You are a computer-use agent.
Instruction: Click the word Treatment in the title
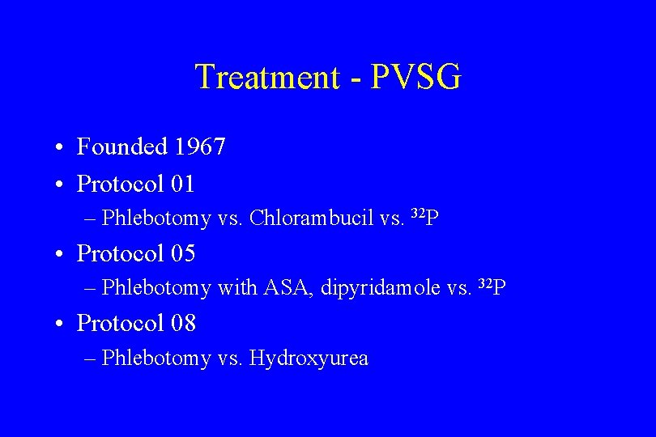267,78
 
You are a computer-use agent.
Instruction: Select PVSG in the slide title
416,78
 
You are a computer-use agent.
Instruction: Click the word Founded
121,146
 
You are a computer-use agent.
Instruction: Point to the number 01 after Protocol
183,184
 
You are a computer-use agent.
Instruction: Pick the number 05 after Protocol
183,253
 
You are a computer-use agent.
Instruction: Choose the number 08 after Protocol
183,323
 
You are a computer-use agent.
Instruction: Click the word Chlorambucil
312,218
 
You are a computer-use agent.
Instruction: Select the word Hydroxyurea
309,358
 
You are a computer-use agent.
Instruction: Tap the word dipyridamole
381,288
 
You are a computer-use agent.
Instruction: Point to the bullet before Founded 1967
61,148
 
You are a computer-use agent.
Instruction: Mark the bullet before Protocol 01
61,185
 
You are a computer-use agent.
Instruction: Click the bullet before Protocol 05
61,255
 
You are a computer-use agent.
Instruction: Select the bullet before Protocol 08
61,325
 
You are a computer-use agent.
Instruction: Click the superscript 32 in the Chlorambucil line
418,214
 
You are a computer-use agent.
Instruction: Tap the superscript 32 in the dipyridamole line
485,283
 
